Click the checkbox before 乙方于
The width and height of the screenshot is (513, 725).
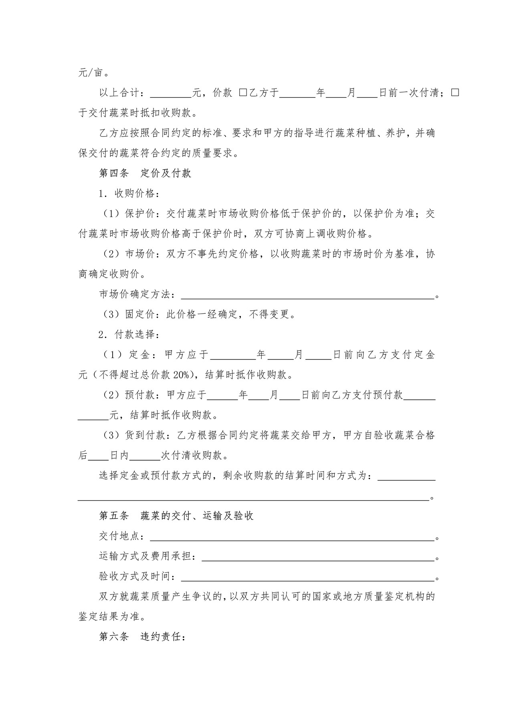coord(243,93)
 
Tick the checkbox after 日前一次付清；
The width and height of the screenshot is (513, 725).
coord(455,93)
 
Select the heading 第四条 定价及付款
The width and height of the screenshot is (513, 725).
coord(145,173)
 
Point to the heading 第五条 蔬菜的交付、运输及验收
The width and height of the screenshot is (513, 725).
coord(176,516)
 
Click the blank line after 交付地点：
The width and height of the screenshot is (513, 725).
coord(292,537)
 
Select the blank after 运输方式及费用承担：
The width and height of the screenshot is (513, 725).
coord(318,557)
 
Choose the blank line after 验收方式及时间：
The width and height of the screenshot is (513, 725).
coord(308,578)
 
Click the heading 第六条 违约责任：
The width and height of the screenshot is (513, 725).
coord(142,636)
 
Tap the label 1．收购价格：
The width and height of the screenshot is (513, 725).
coord(129,193)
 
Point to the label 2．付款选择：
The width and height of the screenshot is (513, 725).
coord(129,334)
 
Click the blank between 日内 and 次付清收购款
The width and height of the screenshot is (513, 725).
coord(145,456)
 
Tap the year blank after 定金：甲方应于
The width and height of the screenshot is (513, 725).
coord(233,355)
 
